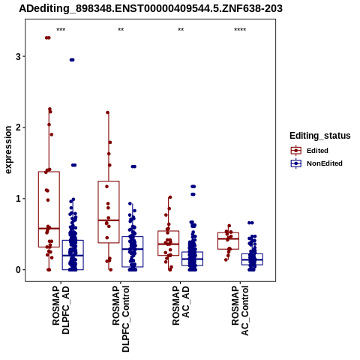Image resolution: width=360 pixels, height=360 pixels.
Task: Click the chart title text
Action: pos(151,8)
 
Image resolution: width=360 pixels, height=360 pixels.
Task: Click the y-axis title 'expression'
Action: pos(8,150)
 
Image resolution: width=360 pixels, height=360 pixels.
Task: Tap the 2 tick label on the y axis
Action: pos(18,127)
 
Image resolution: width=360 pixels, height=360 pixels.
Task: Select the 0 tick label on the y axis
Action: pos(18,270)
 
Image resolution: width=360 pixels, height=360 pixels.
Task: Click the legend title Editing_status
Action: pos(320,136)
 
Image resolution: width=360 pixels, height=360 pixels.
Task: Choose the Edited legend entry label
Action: pos(317,151)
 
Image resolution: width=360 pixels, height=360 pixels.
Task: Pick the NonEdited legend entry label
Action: pos(325,163)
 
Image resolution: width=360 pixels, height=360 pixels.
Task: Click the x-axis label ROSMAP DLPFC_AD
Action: pos(61,310)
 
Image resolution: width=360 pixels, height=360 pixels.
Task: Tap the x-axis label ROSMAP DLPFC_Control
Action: pos(121,319)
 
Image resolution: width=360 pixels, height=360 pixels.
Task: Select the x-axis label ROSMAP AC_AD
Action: pos(181,305)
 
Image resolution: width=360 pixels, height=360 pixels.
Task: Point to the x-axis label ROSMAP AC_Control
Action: pos(240,310)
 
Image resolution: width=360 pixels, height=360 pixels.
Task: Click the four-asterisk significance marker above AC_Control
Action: pos(240,30)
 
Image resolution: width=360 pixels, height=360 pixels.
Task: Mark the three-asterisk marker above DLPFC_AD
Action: pos(61,30)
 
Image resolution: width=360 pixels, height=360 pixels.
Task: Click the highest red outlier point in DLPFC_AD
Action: pos(48,37)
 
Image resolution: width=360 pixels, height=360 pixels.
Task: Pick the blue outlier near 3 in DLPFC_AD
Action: pos(72,60)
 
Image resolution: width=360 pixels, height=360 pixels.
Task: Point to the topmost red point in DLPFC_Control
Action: pos(108,112)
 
